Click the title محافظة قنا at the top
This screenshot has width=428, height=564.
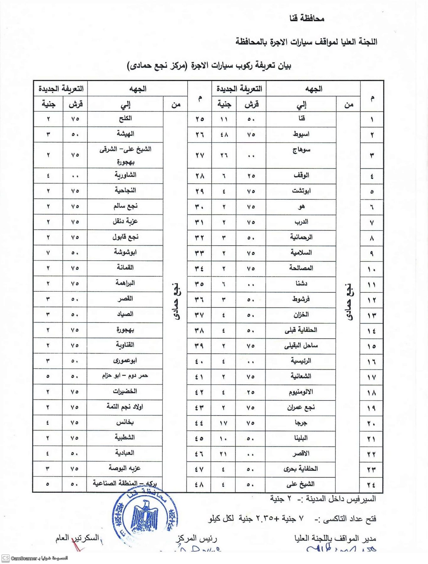click(307, 18)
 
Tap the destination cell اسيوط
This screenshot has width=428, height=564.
click(301, 134)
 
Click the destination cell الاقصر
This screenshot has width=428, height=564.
click(301, 453)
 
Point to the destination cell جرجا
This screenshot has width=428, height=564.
click(301, 423)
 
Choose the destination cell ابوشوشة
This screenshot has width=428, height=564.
click(125, 252)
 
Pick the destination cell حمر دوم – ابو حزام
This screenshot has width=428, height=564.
click(125, 376)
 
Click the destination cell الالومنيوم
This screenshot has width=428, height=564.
click(301, 392)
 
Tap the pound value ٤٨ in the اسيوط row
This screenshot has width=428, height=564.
click(224, 135)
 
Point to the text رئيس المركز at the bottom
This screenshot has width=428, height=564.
click(197, 539)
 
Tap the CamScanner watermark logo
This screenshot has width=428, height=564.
click(6, 558)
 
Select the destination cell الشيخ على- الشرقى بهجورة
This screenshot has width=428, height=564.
click(125, 155)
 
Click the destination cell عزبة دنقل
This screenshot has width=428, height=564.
click(125, 222)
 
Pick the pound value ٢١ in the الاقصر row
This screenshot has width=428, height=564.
click(223, 454)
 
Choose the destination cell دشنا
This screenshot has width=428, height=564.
click(301, 284)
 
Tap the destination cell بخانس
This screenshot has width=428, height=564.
click(125, 422)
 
